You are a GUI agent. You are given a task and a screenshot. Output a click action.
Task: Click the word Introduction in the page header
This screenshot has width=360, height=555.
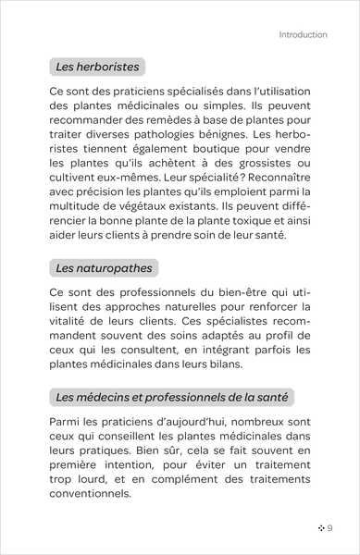[x=303, y=35]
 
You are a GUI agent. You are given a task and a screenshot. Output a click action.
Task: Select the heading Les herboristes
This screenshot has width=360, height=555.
[x=93, y=67]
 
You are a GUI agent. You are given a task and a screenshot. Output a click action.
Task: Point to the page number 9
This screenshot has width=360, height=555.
[x=329, y=527]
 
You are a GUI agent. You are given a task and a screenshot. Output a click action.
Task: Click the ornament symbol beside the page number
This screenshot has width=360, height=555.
[x=318, y=527]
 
